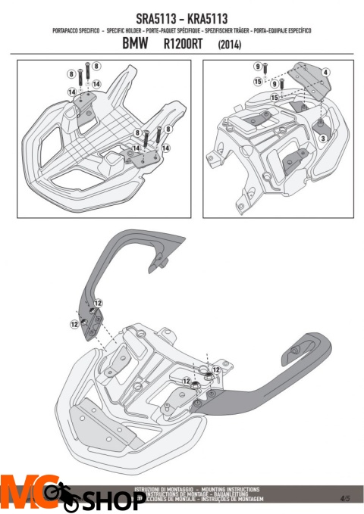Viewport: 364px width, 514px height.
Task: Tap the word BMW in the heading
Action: tap(137, 44)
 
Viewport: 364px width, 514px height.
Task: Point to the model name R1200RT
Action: tap(185, 44)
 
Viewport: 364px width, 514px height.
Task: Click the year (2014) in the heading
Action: tap(230, 45)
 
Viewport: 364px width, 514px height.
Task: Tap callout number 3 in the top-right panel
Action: tap(322, 139)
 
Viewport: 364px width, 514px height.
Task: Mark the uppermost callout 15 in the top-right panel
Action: tap(258, 81)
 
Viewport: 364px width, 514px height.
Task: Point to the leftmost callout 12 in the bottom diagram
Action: tap(74, 323)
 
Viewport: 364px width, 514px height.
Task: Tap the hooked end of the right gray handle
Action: tap(294, 351)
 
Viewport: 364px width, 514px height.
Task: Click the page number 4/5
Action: tap(345, 498)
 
